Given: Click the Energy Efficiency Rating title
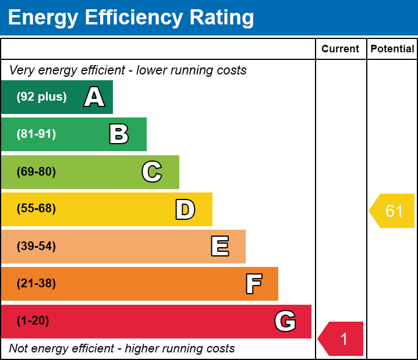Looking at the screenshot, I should pyautogui.click(x=131, y=17).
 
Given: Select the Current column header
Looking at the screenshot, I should pyautogui.click(x=341, y=49).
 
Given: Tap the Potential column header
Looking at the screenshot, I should pyautogui.click(x=392, y=49).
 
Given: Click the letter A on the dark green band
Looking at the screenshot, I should pyautogui.click(x=94, y=97).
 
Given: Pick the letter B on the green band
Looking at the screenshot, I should pyautogui.click(x=119, y=134).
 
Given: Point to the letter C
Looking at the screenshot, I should pyautogui.click(x=152, y=172).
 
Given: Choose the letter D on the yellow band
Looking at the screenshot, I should pyautogui.click(x=185, y=209).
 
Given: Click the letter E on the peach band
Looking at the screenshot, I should pyautogui.click(x=219, y=247).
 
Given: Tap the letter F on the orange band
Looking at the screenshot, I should pyautogui.click(x=253, y=284).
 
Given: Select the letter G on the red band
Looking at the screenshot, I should pyautogui.click(x=285, y=321).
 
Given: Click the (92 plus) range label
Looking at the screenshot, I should pyautogui.click(x=41, y=97).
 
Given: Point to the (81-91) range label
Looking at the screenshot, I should pyautogui.click(x=36, y=134).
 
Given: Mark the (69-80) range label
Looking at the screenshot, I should pyautogui.click(x=36, y=172).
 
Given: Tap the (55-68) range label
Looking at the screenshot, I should pyautogui.click(x=36, y=209).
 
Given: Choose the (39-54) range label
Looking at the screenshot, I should pyautogui.click(x=36, y=247).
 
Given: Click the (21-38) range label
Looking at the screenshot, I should pyautogui.click(x=36, y=284).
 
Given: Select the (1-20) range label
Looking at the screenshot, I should pyautogui.click(x=33, y=321).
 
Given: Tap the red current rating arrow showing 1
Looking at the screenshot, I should pyautogui.click(x=342, y=338).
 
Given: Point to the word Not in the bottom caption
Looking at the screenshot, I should pyautogui.click(x=19, y=349).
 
